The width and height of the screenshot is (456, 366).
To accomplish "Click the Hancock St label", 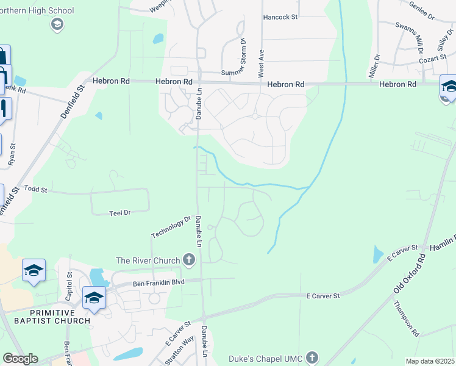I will coord(280,17).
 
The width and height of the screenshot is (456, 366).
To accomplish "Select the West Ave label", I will coord(261,63).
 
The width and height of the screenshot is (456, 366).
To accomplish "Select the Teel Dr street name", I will coord(119,213).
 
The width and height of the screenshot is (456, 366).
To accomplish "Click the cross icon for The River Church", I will coord(189,261).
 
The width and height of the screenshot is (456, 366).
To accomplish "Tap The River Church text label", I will coord(148,261).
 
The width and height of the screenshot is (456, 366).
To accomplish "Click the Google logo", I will coord(20,359).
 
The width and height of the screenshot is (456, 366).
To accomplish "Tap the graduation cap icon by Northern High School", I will coord(57,24).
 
